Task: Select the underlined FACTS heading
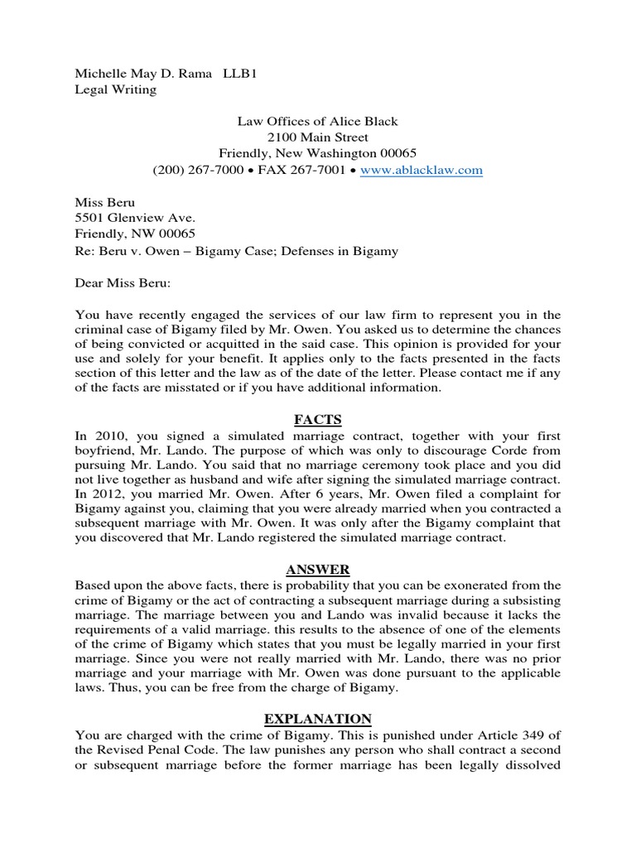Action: (x=318, y=420)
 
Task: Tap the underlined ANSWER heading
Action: (x=318, y=570)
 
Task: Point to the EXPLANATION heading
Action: (x=318, y=719)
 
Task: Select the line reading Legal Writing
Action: (x=116, y=89)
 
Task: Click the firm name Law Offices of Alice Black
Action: (x=318, y=122)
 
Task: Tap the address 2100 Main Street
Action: (x=318, y=137)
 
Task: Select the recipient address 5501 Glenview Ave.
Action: (x=128, y=219)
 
